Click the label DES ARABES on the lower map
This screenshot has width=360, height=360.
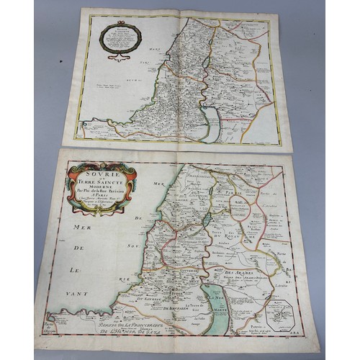coord(250,271)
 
